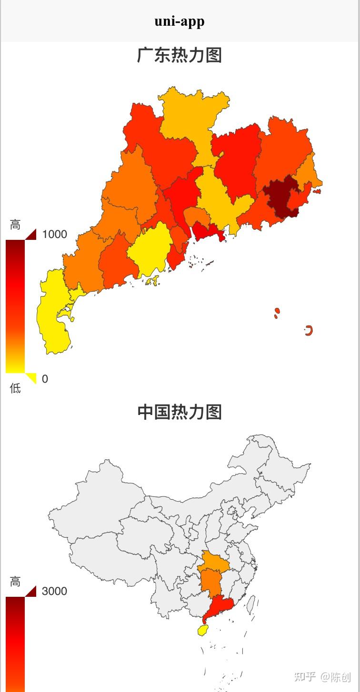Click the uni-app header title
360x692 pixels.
180,21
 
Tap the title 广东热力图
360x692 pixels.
180,55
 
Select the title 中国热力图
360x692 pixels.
180,412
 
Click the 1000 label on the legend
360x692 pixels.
54,234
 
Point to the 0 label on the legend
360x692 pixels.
45,379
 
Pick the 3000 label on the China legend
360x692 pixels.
54,591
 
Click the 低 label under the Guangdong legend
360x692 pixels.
15,388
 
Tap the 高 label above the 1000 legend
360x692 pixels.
15,225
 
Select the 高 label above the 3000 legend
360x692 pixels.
15,582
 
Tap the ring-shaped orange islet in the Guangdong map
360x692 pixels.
309,330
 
